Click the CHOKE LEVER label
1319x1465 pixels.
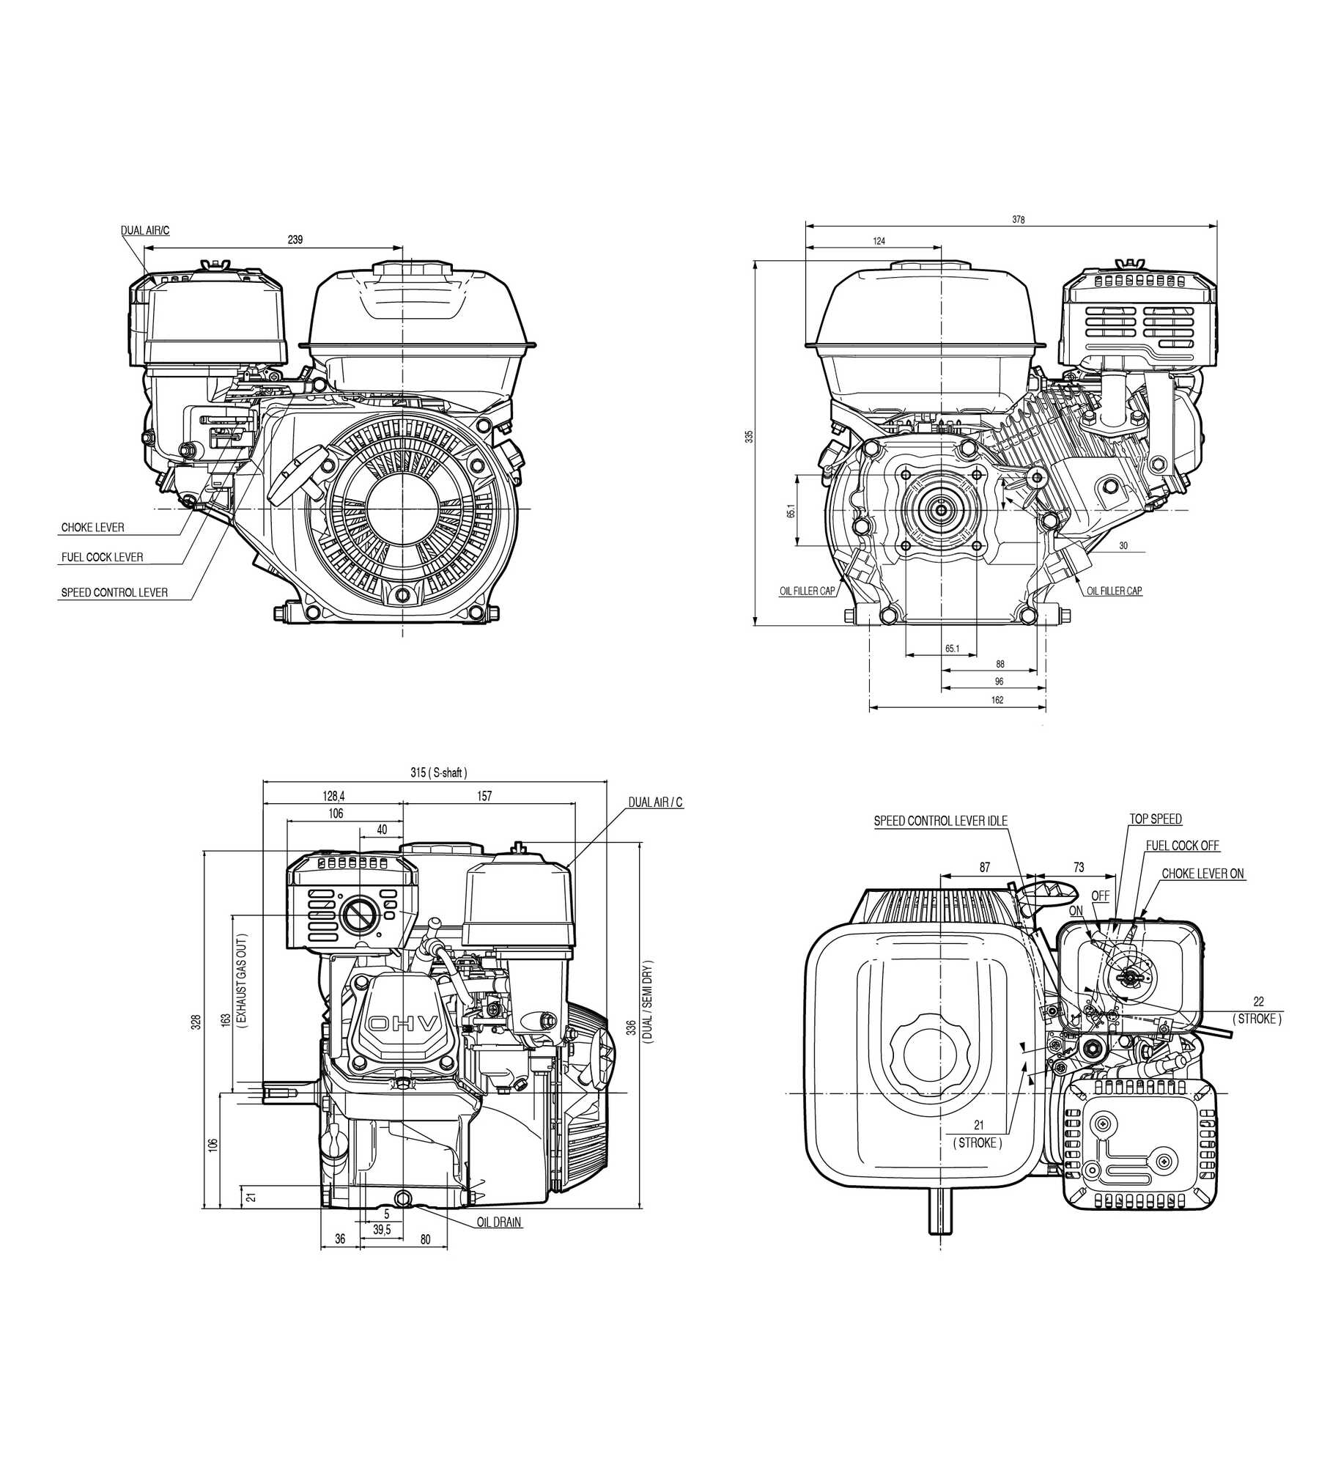92,528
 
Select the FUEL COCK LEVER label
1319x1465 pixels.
102,557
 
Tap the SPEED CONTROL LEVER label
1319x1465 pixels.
114,592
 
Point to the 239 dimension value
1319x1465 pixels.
295,240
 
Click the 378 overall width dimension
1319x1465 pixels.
1018,220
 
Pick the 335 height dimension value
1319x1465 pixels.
749,436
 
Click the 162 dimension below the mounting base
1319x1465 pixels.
997,700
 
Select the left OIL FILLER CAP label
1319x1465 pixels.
807,591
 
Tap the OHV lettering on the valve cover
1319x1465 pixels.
403,1023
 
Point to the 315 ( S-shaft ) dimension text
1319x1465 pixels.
438,772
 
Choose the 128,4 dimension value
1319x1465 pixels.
333,796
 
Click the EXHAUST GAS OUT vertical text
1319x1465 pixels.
243,981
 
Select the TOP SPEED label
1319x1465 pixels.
1155,819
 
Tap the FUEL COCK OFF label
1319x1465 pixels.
1182,846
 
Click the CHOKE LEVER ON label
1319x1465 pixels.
1202,874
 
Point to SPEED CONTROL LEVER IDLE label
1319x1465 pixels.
940,821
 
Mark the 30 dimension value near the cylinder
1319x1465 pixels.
1123,546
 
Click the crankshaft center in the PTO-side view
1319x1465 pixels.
941,509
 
